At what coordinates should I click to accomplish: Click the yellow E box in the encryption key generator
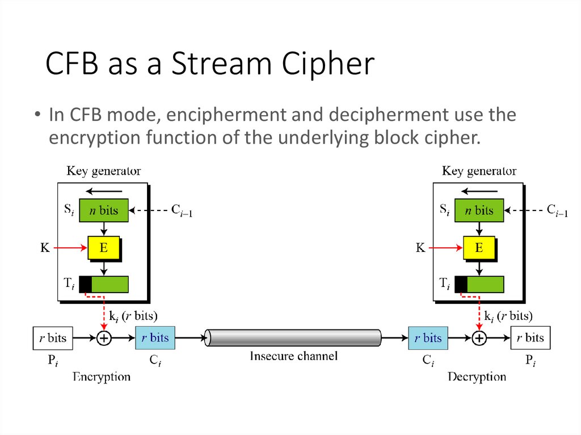pyautogui.click(x=103, y=247)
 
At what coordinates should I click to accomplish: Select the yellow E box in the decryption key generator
pyautogui.click(x=479, y=247)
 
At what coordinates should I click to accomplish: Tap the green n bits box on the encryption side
pyautogui.click(x=104, y=210)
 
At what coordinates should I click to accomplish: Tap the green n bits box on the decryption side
pyautogui.click(x=479, y=210)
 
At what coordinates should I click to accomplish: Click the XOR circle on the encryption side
pyautogui.click(x=104, y=339)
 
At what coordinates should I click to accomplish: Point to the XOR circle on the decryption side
pyautogui.click(x=479, y=339)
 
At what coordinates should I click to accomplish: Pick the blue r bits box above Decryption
pyautogui.click(x=428, y=339)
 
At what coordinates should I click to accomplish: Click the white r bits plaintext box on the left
pyautogui.click(x=53, y=339)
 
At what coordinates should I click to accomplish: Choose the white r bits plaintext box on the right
pyautogui.click(x=530, y=339)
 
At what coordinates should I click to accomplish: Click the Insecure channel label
pyautogui.click(x=293, y=357)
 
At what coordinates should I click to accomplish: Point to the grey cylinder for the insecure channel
pyautogui.click(x=293, y=338)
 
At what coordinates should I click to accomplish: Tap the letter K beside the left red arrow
pyautogui.click(x=45, y=248)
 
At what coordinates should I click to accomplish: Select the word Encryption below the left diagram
pyautogui.click(x=102, y=377)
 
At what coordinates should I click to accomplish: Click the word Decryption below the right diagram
pyautogui.click(x=477, y=377)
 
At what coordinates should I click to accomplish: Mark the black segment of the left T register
pyautogui.click(x=85, y=284)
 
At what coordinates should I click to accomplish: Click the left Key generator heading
pyautogui.click(x=104, y=171)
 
